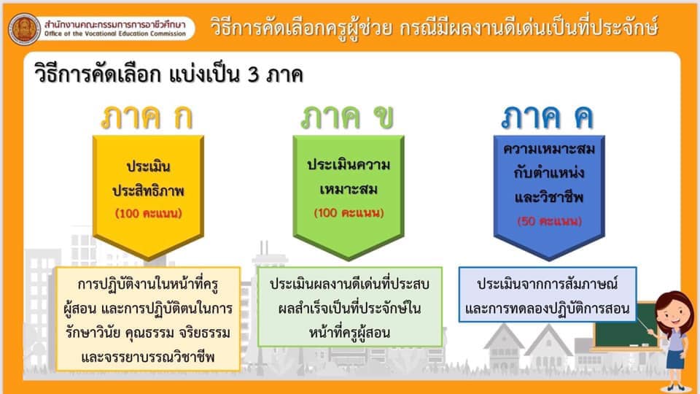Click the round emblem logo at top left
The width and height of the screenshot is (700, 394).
(24, 29)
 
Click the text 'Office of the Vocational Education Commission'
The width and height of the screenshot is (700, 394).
(115, 34)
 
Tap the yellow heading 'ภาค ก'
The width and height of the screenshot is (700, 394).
(147, 117)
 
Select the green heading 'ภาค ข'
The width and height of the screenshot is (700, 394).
(347, 117)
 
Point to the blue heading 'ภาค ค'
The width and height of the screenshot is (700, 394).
(548, 117)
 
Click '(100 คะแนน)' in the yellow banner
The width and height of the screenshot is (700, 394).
(149, 213)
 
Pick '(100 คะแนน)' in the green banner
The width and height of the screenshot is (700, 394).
(349, 212)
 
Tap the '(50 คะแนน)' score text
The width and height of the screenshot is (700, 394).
(550, 221)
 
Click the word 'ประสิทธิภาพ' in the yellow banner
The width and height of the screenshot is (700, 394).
(148, 190)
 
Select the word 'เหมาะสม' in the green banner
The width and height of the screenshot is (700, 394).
(349, 189)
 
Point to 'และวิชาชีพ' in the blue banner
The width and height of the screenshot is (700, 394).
(549, 197)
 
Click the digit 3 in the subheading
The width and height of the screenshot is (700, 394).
(253, 74)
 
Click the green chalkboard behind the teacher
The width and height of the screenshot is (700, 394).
(624, 325)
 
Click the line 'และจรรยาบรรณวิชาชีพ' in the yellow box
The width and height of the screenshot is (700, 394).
(148, 357)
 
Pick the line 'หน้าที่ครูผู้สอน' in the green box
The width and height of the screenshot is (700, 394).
(349, 333)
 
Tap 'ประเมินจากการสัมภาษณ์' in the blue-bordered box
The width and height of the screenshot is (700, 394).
(548, 284)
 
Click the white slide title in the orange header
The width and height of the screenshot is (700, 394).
(435, 27)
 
